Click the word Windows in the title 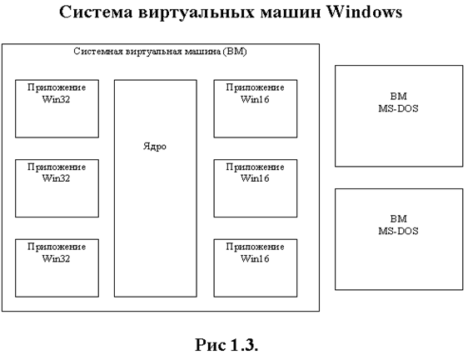(x=364, y=12)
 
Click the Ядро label (x=155, y=147)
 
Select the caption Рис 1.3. (x=227, y=345)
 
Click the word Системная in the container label (x=98, y=52)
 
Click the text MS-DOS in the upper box (x=398, y=108)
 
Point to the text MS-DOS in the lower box (x=398, y=231)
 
